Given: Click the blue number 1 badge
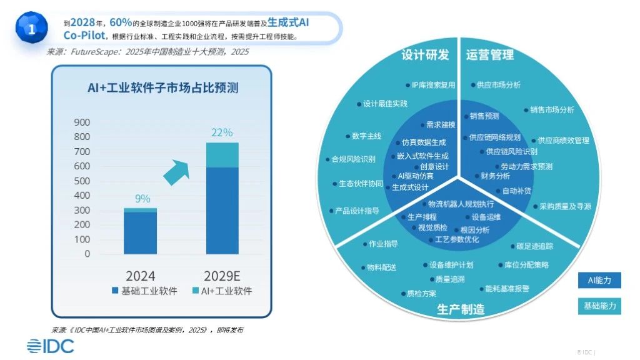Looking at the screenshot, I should click(31, 27).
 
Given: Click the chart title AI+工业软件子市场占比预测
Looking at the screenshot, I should click(162, 88).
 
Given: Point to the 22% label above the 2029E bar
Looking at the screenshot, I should click(222, 132).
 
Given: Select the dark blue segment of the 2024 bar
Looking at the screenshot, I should click(140, 232).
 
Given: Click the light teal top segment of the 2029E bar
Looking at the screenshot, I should click(222, 154).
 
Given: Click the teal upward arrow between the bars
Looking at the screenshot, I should click(176, 171).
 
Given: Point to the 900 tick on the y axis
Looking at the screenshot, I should click(82, 122).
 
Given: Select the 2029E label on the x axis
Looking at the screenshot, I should click(223, 276).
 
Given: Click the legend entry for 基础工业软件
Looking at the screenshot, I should click(144, 291).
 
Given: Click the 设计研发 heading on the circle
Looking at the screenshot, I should click(425, 55).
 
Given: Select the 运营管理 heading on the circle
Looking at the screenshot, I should click(489, 55).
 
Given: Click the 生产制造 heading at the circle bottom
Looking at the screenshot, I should click(460, 309).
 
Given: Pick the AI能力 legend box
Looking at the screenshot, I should click(599, 280).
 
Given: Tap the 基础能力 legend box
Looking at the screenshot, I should click(599, 306).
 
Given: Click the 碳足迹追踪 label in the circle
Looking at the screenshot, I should click(534, 246).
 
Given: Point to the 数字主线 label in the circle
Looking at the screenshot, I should click(366, 136).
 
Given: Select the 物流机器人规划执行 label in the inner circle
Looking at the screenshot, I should click(460, 204).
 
